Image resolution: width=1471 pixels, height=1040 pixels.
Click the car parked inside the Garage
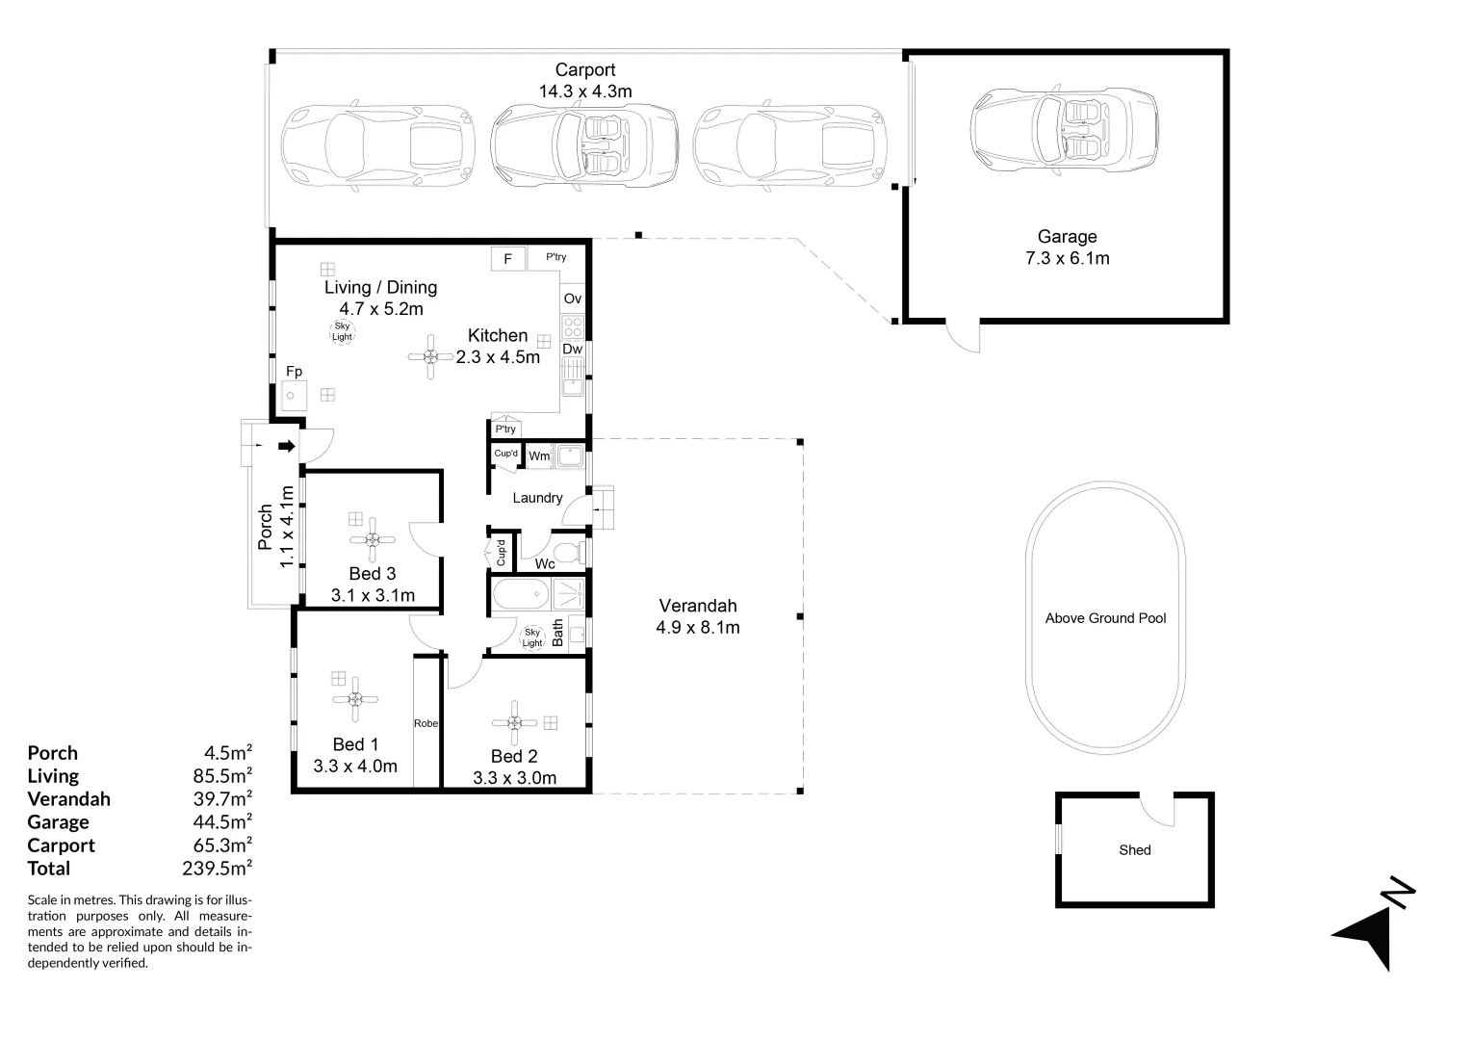click(1064, 129)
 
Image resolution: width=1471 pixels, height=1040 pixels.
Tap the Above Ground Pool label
click(1105, 618)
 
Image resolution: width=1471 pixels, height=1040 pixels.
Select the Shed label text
click(1135, 850)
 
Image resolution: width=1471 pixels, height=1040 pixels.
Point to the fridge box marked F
click(507, 259)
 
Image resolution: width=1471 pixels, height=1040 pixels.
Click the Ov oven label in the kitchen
click(572, 299)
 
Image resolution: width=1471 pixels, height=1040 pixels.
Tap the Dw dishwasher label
click(572, 349)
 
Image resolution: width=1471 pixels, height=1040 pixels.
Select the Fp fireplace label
click(295, 371)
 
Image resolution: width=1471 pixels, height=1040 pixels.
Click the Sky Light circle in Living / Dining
click(342, 332)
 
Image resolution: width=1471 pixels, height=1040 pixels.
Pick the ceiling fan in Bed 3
click(373, 540)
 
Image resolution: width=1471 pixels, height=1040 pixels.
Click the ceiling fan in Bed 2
click(514, 723)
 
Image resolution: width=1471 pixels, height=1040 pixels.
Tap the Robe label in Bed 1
click(426, 723)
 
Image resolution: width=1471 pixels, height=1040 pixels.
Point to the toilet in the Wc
click(569, 553)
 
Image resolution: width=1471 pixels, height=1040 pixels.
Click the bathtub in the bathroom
click(522, 594)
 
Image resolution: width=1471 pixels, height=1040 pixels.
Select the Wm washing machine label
click(539, 455)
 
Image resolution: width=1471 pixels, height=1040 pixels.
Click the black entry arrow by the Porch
click(287, 446)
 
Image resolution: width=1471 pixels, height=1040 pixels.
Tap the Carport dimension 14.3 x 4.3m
click(585, 91)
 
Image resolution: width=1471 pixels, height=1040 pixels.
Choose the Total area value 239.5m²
click(218, 868)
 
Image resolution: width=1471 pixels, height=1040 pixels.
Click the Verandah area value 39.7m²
click(222, 799)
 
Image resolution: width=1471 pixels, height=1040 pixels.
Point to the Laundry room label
click(537, 498)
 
